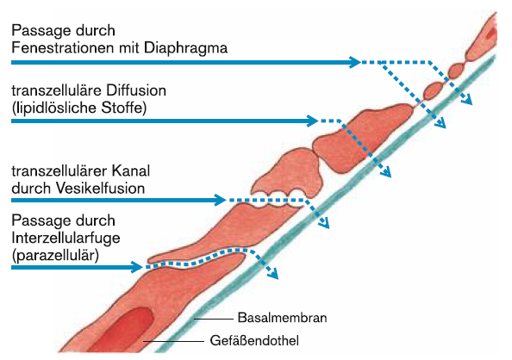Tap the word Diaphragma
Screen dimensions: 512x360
(185, 48)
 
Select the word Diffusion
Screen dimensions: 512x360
(136, 90)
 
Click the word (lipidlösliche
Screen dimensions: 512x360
(54, 108)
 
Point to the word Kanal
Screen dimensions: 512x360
(131, 171)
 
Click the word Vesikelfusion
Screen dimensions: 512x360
(100, 189)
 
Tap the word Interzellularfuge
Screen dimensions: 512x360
(66, 239)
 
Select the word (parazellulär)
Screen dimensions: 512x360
(55, 256)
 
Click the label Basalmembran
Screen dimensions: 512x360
(282, 318)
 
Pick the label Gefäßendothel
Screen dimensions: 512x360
(254, 341)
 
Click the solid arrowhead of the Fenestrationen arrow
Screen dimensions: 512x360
(354, 62)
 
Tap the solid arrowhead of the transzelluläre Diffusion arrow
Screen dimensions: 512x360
(312, 121)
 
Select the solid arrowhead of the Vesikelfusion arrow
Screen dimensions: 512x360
(220, 200)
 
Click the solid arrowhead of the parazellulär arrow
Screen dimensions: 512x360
(136, 267)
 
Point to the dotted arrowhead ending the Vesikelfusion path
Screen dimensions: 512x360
(323, 222)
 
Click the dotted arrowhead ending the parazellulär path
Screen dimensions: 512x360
(273, 274)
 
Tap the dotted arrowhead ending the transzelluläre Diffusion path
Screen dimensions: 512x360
(385, 171)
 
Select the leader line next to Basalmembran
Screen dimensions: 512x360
(214, 319)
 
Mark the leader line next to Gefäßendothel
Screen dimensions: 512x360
(174, 341)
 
